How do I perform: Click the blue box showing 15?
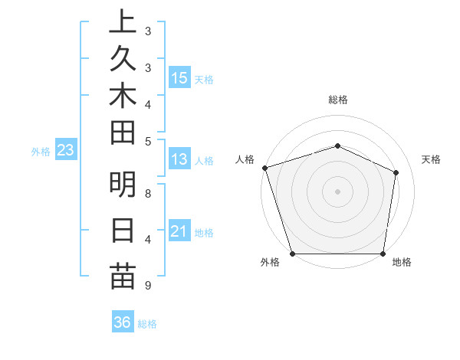pyautogui.click(x=179, y=77)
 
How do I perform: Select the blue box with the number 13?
pyautogui.click(x=179, y=160)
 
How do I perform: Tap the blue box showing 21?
pyautogui.click(x=179, y=231)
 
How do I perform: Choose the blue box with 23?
pyautogui.click(x=65, y=151)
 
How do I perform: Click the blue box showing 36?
pyautogui.click(x=122, y=322)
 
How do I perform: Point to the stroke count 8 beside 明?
pyautogui.click(x=147, y=193)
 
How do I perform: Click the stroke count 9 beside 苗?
pyautogui.click(x=147, y=286)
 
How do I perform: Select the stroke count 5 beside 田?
pyautogui.click(x=147, y=141)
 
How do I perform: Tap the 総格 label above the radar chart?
pyautogui.click(x=338, y=100)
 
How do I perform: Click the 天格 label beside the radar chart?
pyautogui.click(x=432, y=159)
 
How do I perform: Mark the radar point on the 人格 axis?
pyautogui.click(x=264, y=168)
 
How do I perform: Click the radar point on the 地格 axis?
pyautogui.click(x=383, y=254)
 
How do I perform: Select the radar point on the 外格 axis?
pyautogui.click(x=293, y=254)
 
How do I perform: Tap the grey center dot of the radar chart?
pyautogui.click(x=338, y=191)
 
